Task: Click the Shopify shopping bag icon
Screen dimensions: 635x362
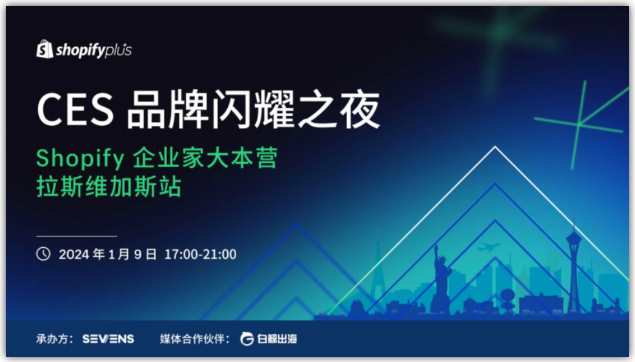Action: coord(45,49)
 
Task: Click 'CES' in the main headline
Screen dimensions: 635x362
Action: coord(75,109)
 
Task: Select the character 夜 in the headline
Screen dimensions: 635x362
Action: coord(359,109)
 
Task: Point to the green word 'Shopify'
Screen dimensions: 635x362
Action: coord(80,158)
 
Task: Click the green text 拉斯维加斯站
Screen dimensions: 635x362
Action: coord(109,186)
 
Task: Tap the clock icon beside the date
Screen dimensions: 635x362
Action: coord(43,254)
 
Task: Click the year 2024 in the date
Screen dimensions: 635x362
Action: coord(74,254)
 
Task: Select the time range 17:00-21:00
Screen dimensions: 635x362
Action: coord(200,254)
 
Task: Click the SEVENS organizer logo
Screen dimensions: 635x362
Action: coord(108,339)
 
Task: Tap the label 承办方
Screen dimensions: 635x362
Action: coord(52,339)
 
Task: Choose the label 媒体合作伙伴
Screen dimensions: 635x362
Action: coord(190,339)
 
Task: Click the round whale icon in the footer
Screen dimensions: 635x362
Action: coord(247,339)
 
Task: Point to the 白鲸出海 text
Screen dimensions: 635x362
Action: coord(277,339)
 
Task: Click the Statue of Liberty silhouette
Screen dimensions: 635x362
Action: coord(441,279)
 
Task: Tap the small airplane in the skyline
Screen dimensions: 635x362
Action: coord(489,246)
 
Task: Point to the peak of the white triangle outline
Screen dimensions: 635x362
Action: coord(495,146)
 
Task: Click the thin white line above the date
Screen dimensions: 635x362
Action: coord(77,236)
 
